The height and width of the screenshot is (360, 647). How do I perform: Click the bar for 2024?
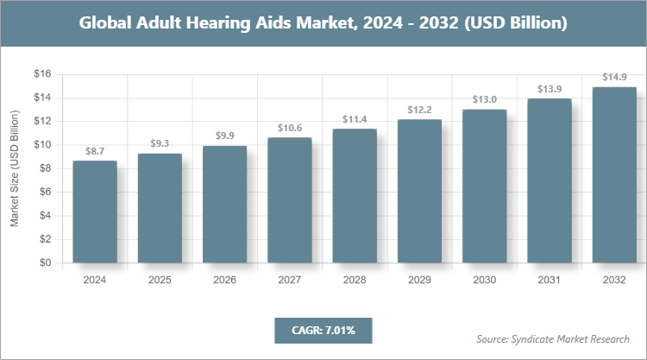(x=95, y=212)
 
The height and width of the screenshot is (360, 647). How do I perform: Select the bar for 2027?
(x=290, y=201)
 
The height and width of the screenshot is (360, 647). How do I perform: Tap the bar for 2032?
(x=614, y=175)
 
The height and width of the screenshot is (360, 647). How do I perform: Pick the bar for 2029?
(x=419, y=192)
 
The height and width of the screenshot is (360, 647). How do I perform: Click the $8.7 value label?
(x=95, y=151)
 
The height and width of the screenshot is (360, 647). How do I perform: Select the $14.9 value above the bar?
(x=614, y=78)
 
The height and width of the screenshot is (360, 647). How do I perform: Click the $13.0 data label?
(x=484, y=100)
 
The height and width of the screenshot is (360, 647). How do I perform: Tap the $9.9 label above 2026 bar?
(x=224, y=136)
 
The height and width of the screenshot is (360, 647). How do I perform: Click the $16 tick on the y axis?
(x=42, y=74)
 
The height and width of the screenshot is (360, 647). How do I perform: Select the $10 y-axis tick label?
(x=42, y=145)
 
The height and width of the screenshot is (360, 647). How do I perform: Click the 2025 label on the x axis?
(x=160, y=280)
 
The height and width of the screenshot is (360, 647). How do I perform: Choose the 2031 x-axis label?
(x=550, y=280)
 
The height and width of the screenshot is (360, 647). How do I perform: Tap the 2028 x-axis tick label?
(x=355, y=280)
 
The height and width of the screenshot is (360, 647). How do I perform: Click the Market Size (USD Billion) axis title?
(x=15, y=169)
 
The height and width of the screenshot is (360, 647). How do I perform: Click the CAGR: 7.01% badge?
(x=323, y=330)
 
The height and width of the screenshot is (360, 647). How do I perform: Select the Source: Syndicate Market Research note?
(x=553, y=338)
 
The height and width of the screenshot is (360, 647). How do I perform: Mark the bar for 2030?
(x=484, y=186)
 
